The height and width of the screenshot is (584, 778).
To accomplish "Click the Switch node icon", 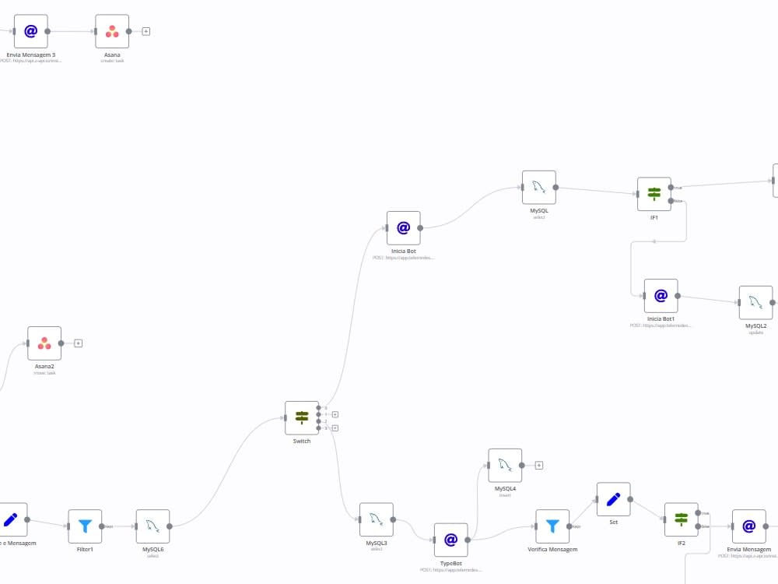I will point(302,418).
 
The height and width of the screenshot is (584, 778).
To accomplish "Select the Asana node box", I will point(112,31).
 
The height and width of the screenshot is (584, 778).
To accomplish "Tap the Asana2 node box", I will point(44,343).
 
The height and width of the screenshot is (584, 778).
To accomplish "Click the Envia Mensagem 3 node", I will point(30,31).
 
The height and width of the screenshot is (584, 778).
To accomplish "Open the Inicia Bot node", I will point(403,228).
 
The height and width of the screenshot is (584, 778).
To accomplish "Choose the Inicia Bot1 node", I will point(661,296).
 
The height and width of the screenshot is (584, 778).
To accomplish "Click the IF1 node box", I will point(654,194).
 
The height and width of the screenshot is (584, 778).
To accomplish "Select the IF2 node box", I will point(681,519).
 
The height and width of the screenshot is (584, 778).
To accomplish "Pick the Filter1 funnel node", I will point(85,526).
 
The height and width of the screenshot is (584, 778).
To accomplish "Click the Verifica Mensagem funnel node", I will point(552,526).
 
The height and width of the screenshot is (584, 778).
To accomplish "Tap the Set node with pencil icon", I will point(613,499).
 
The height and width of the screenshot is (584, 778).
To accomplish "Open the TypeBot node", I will point(450,540).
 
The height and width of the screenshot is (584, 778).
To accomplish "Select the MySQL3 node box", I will point(376,519).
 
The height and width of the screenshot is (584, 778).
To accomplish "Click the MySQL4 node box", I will point(505,465).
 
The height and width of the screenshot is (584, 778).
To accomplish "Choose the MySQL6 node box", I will point(152,526).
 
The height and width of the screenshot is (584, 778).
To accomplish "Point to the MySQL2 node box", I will point(755,303).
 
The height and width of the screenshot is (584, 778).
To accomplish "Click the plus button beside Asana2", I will point(79,343).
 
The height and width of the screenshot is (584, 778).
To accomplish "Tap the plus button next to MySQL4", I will point(538,466).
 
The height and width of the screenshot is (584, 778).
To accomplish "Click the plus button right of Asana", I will point(146,32).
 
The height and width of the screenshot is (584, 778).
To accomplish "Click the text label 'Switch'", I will point(301,442).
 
